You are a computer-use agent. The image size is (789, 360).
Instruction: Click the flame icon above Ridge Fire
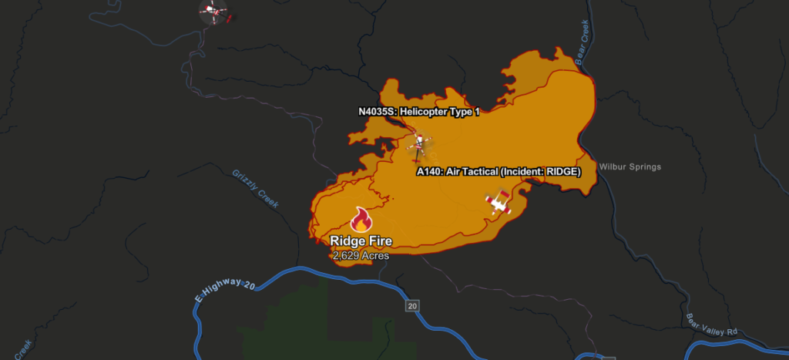pyautogui.click(x=361, y=220)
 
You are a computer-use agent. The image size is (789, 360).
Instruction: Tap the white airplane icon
pyautogui.click(x=499, y=204)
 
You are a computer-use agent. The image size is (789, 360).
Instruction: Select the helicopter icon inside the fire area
pyautogui.click(x=418, y=143)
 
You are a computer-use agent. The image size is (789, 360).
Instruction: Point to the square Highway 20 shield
pyautogui.click(x=412, y=306)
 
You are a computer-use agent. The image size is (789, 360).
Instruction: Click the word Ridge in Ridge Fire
pyautogui.click(x=347, y=241)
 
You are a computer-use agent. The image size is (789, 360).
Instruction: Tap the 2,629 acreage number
pyautogui.click(x=347, y=254)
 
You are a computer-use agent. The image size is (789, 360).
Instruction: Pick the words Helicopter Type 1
pyautogui.click(x=440, y=112)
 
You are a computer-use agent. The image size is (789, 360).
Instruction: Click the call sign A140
pyautogui.click(x=429, y=171)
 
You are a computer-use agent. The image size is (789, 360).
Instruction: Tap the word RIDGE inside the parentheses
pyautogui.click(x=558, y=171)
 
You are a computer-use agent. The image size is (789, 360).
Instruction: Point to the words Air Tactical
pyautogui.click(x=472, y=171)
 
